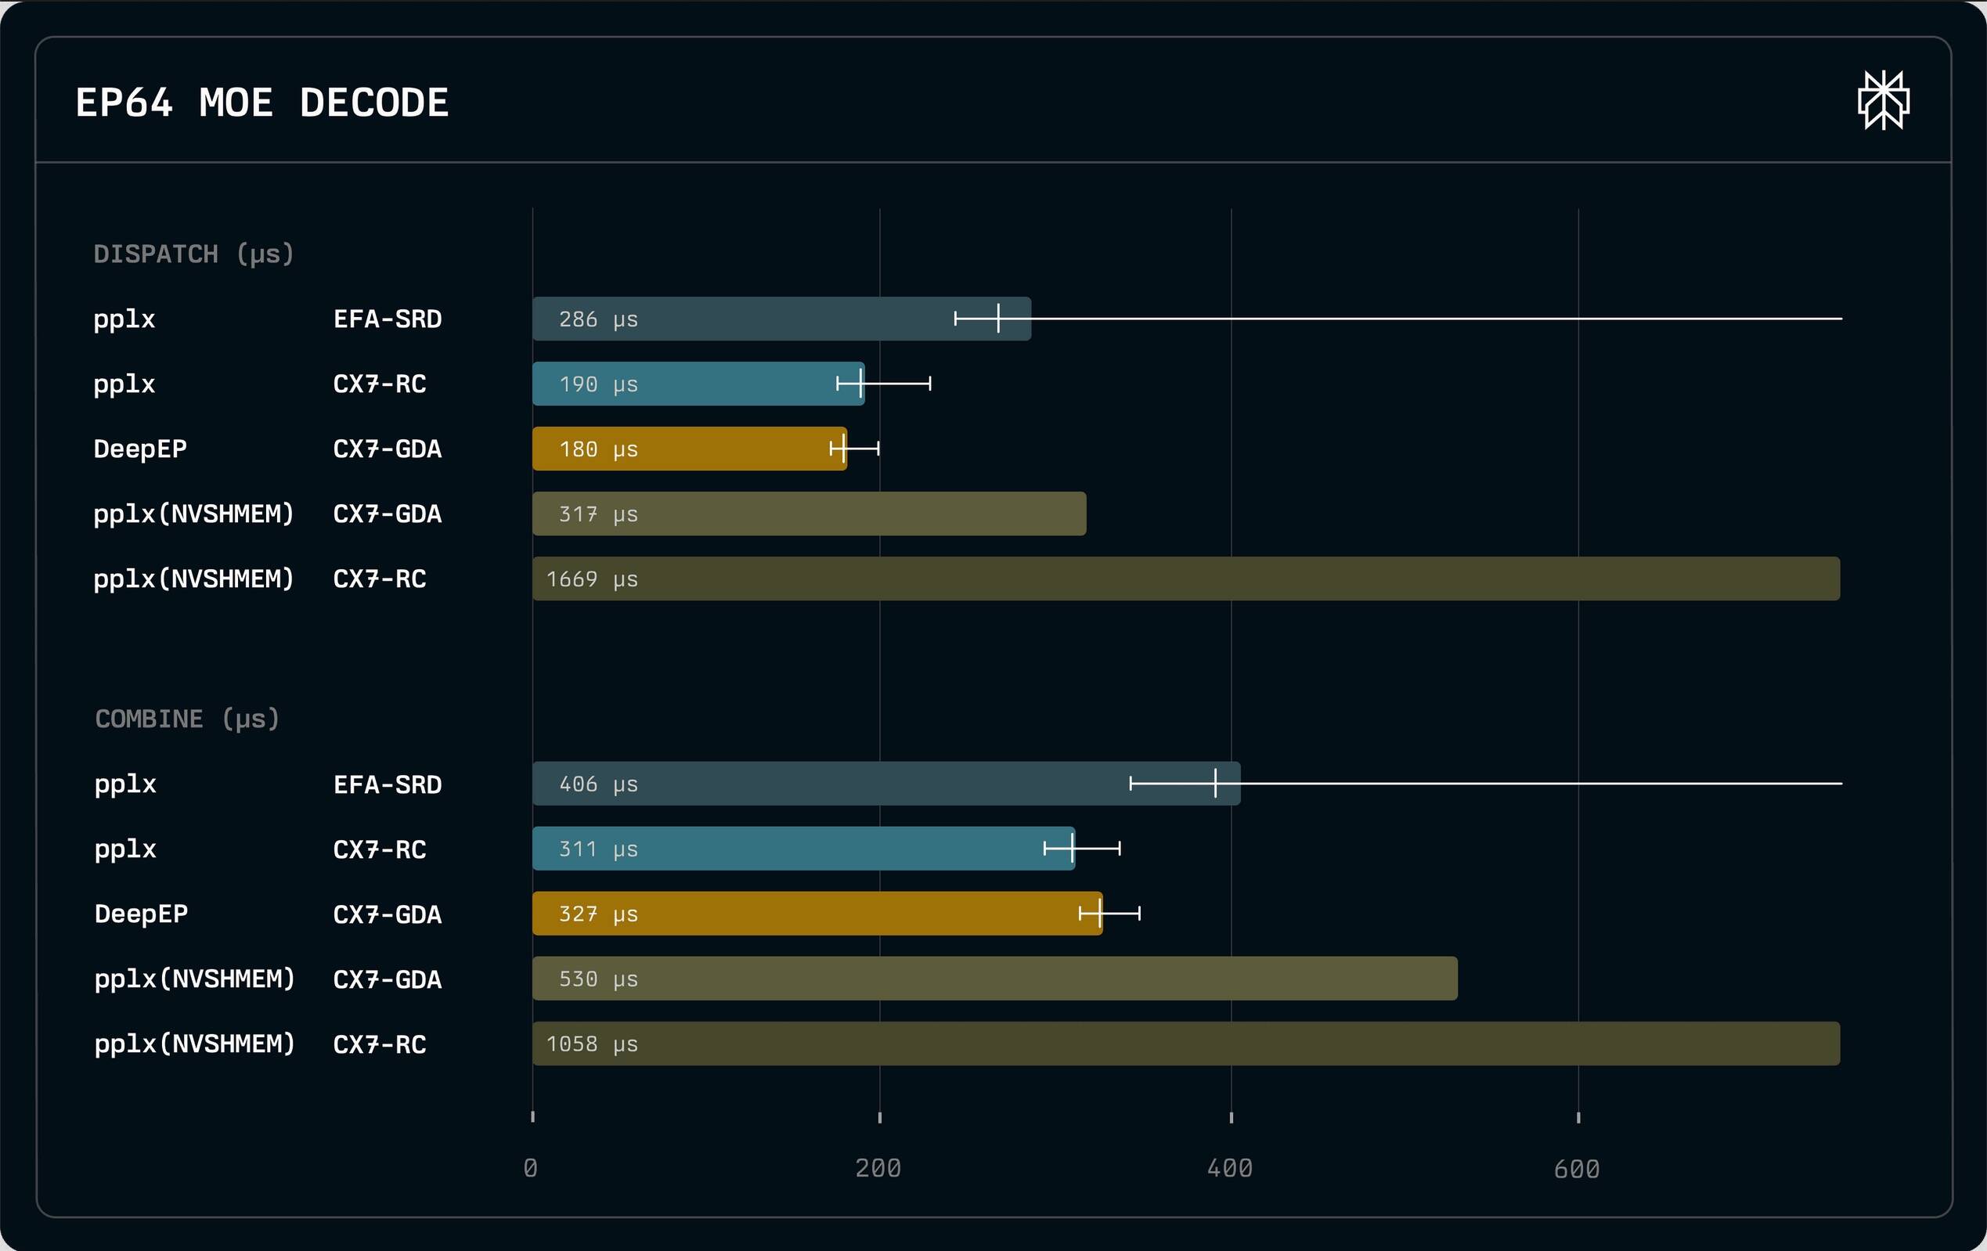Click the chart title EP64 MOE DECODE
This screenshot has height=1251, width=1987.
click(261, 103)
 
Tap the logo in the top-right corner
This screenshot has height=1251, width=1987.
click(1883, 101)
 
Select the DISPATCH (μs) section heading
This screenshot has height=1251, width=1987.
click(194, 254)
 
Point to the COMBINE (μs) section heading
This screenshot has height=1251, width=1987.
click(187, 719)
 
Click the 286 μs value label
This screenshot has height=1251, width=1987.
click(597, 319)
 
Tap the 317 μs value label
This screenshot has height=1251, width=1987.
click(597, 514)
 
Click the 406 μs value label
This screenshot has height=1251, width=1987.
click(597, 784)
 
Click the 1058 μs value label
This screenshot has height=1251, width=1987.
click(592, 1044)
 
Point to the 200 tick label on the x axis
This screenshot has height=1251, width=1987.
click(878, 1169)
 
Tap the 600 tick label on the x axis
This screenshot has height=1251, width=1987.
click(1576, 1169)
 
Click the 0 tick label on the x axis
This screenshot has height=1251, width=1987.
click(531, 1169)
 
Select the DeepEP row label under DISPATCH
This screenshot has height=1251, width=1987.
click(140, 449)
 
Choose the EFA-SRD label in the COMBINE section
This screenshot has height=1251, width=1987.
click(387, 784)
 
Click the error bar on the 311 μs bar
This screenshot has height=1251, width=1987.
click(1082, 849)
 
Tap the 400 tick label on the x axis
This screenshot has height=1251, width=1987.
click(1229, 1169)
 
